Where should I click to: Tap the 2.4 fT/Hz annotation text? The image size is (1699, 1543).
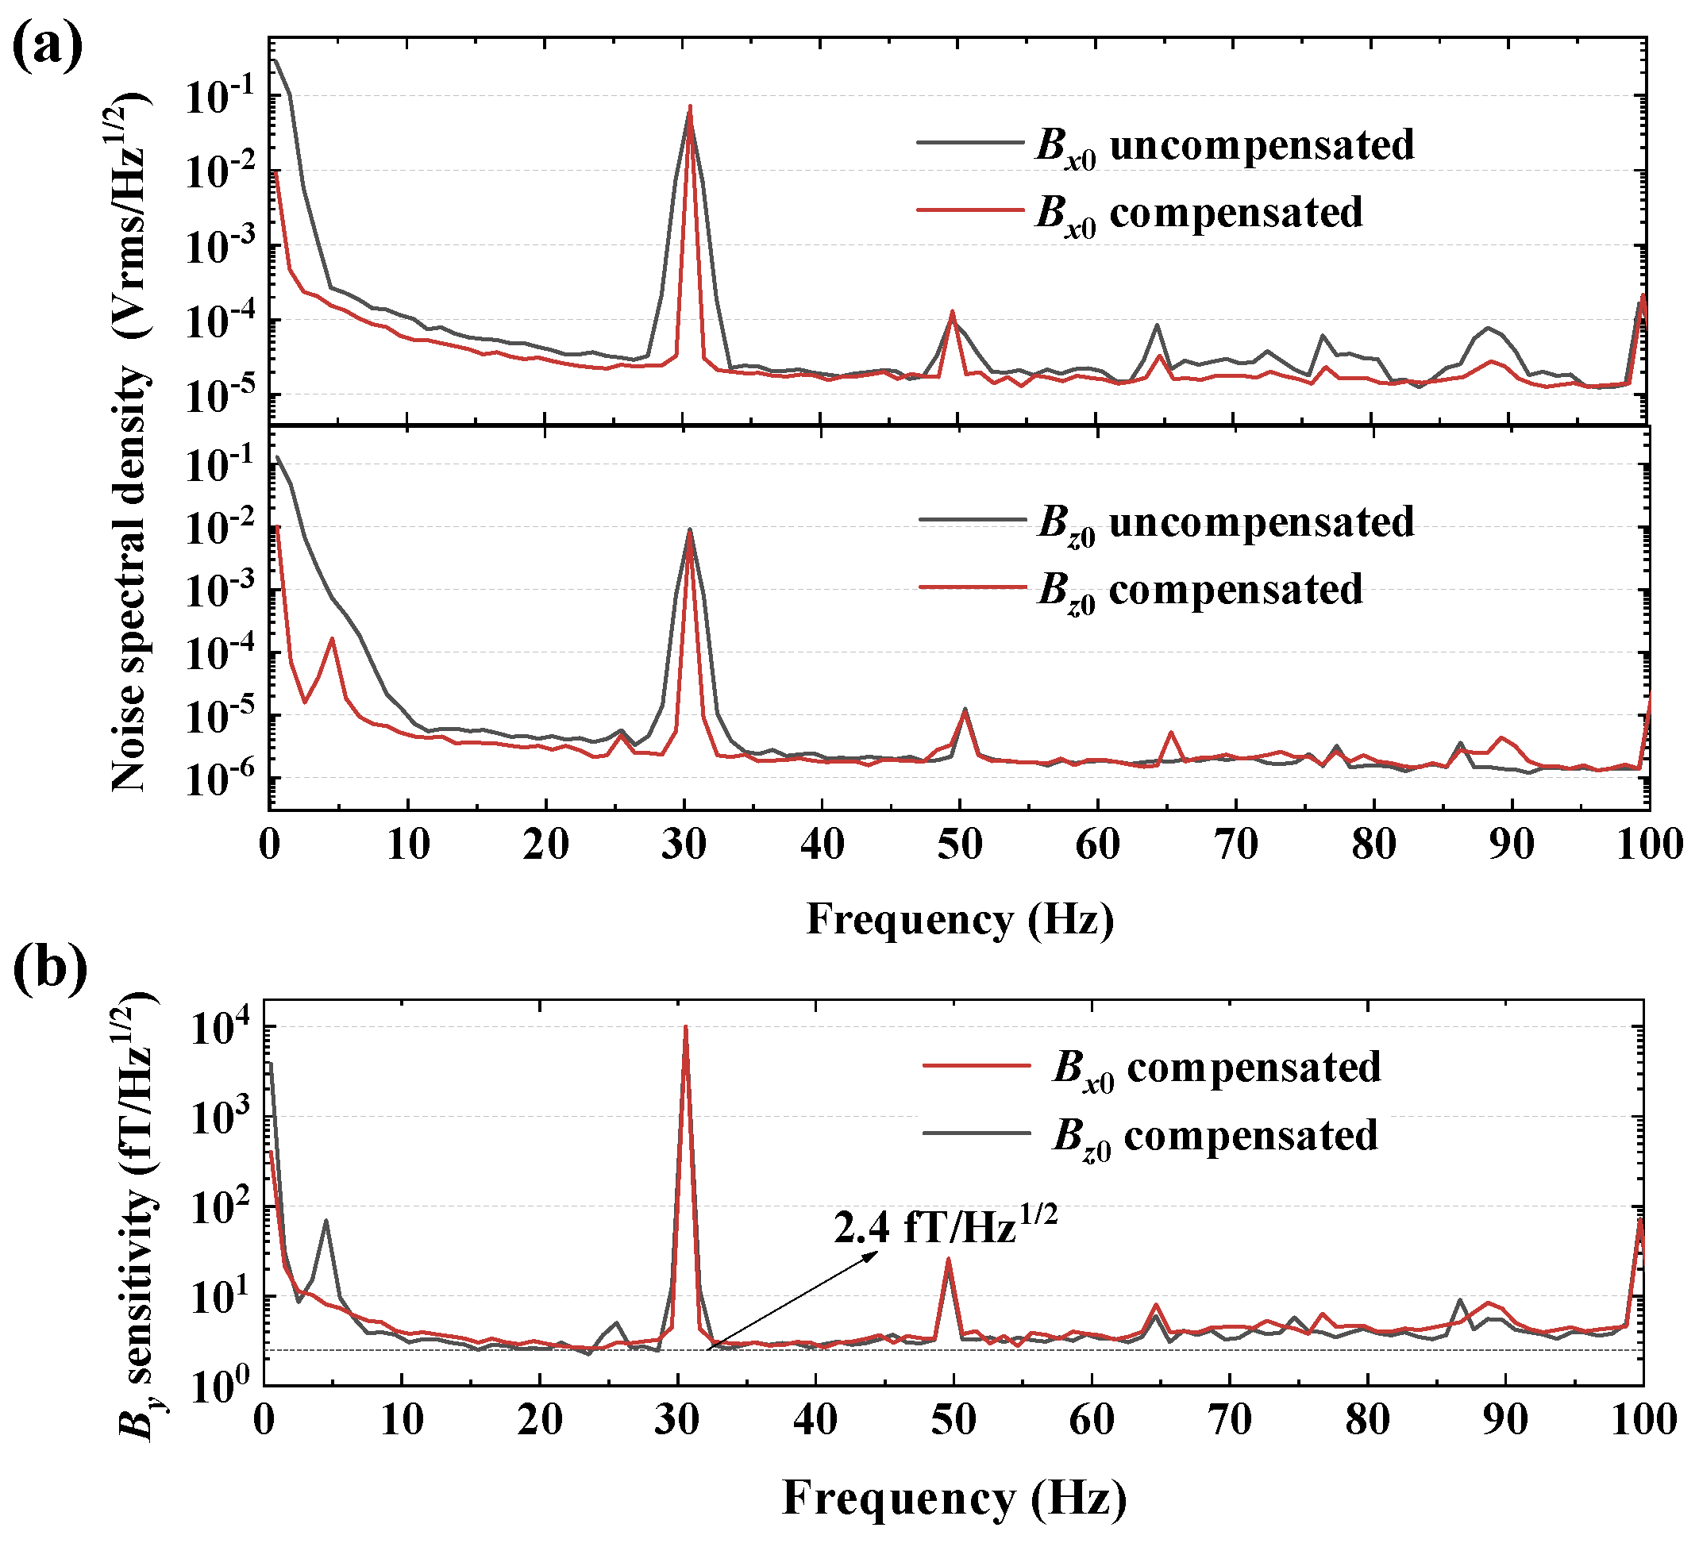(x=945, y=1226)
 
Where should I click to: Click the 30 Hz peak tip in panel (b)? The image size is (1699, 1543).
(x=685, y=1028)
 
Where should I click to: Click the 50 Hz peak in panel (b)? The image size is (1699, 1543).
(x=948, y=1260)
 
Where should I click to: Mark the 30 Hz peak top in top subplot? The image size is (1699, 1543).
(x=689, y=107)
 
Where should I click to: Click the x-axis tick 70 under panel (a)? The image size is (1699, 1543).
(x=1235, y=844)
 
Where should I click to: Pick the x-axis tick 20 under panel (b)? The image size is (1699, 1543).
(x=539, y=1420)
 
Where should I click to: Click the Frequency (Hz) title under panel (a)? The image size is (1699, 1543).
(x=959, y=918)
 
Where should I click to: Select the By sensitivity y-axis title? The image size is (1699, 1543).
(x=135, y=1214)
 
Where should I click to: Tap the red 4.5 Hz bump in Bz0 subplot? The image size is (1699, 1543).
(x=332, y=639)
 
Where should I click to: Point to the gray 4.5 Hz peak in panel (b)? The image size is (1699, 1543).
(x=326, y=1220)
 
